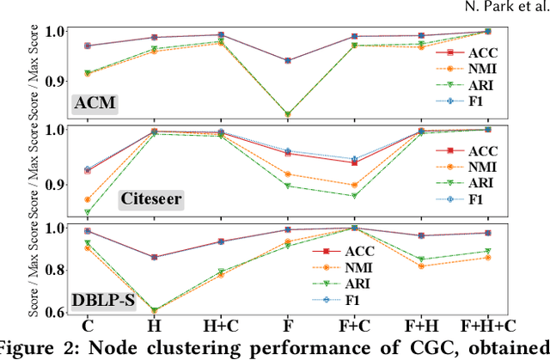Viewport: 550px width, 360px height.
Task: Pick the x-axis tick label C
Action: click(x=87, y=327)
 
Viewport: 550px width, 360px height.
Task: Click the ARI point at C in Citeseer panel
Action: click(x=87, y=211)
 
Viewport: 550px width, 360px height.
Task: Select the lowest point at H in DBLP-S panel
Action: click(x=154, y=311)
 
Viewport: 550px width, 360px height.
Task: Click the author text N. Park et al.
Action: click(x=510, y=9)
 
